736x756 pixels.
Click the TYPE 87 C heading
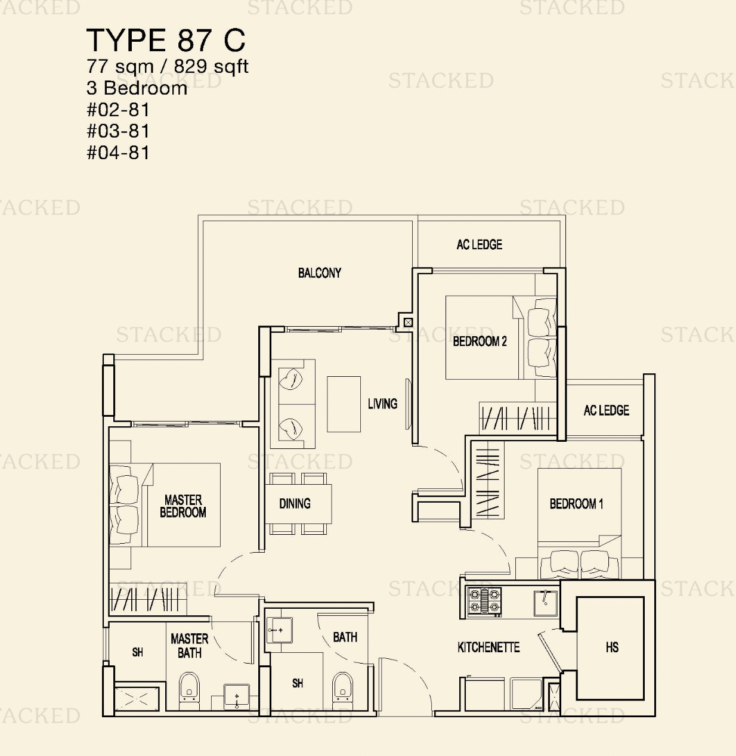(166, 40)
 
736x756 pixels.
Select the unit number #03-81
(118, 131)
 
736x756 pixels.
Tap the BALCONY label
(320, 272)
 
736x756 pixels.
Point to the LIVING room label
(382, 404)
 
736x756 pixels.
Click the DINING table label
(295, 503)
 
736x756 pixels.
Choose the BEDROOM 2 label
(480, 341)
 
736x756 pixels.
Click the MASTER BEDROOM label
(183, 506)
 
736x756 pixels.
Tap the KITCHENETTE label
(488, 647)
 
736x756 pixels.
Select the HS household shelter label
(612, 647)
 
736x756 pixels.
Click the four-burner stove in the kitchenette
(484, 602)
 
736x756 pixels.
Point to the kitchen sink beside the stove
(546, 603)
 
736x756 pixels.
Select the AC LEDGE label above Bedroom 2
(479, 244)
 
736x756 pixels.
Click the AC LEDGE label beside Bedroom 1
(606, 410)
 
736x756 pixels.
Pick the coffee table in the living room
(344, 404)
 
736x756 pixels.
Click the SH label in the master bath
(138, 652)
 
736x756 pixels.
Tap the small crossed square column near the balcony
(408, 322)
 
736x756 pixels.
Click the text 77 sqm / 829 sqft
(167, 66)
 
